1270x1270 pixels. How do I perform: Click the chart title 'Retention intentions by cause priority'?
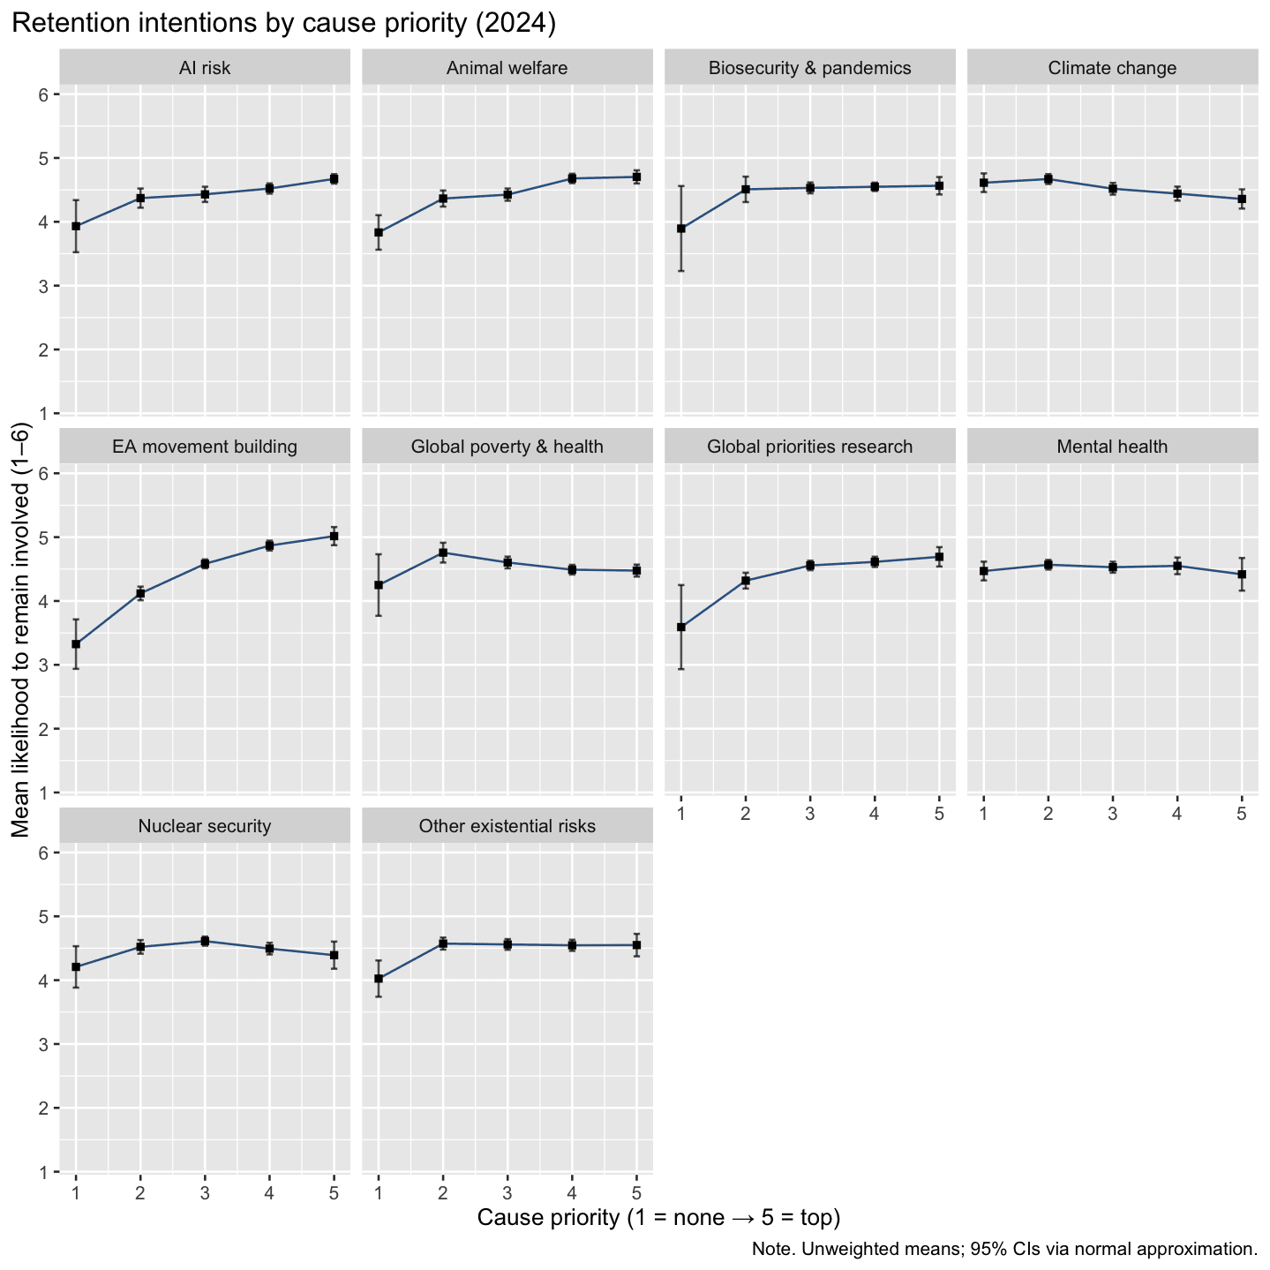point(283,24)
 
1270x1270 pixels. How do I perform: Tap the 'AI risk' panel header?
point(205,68)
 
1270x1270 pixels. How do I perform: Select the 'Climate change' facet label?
point(1112,68)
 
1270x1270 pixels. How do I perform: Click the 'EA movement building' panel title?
point(205,447)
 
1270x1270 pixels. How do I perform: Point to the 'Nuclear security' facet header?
point(205,826)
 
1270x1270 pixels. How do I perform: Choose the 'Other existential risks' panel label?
point(507,826)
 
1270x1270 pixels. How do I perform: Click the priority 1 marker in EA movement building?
point(76,644)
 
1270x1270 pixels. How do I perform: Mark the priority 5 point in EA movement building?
point(334,536)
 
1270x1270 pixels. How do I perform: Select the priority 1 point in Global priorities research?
point(680,627)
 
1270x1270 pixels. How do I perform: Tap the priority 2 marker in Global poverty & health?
point(443,552)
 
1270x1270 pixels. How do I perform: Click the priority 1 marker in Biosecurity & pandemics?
point(680,229)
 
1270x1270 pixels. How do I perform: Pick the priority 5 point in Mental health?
point(1241,574)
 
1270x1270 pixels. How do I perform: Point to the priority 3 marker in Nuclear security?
point(205,941)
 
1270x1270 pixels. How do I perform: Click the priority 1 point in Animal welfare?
point(379,233)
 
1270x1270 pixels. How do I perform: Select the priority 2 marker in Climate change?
point(1048,179)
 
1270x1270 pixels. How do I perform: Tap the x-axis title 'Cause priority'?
point(658,1218)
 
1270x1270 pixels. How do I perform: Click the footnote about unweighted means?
point(1004,1249)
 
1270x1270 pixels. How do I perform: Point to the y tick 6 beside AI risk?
point(44,94)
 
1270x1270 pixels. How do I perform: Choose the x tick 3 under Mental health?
point(1112,814)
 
